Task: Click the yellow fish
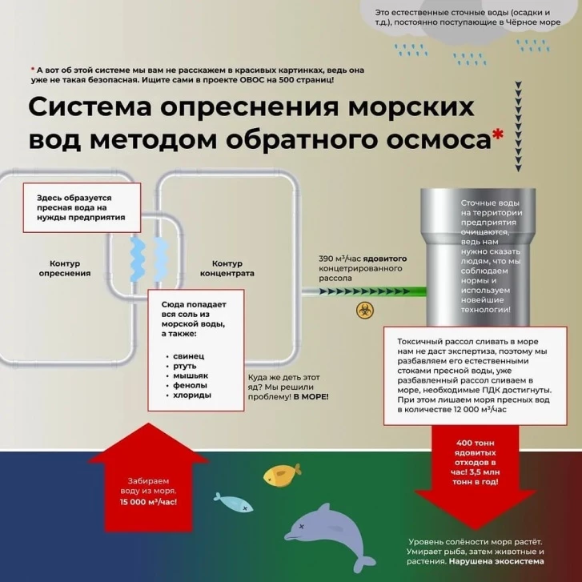tap(283, 476)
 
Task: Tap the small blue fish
tap(231, 502)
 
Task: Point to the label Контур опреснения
tap(65, 268)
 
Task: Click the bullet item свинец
tap(189, 355)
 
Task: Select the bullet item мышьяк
tap(191, 375)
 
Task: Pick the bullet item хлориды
tap(192, 395)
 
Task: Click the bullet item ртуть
tap(187, 365)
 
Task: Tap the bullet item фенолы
tap(191, 385)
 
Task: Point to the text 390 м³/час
tap(336, 259)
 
